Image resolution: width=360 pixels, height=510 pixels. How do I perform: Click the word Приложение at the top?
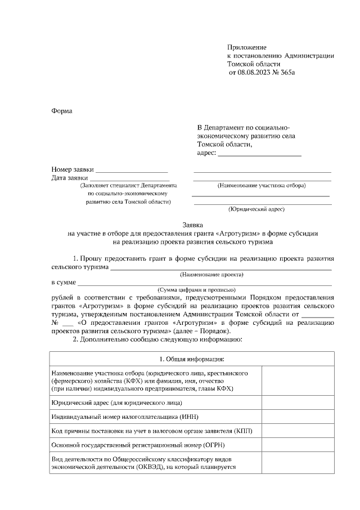247,47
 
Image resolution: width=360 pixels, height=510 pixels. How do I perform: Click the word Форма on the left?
62,110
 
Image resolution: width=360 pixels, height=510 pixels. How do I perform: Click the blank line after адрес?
259,154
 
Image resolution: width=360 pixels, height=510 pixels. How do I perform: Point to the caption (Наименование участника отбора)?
262,185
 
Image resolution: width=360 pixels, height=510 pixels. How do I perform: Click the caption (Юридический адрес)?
256,209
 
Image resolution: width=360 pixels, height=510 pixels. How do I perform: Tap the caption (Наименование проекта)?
211,275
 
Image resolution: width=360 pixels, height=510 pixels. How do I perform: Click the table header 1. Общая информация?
191,359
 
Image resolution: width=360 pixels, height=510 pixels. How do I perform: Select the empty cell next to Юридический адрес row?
298,402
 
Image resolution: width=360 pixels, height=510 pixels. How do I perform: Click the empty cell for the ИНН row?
298,417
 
